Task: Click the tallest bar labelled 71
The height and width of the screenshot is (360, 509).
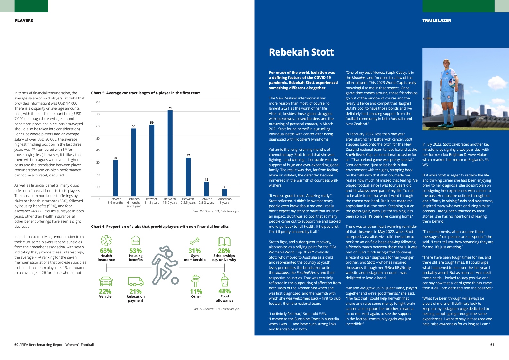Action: coord(170,153)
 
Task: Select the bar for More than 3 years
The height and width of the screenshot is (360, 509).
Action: coord(225,193)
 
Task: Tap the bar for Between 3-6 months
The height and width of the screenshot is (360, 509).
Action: coord(115,178)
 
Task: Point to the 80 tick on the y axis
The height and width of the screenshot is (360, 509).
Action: coord(98,102)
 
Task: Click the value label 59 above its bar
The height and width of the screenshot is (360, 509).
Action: coord(152,123)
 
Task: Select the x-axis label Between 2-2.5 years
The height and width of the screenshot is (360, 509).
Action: coord(188,201)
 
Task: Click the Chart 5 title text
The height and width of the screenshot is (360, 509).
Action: coord(146,93)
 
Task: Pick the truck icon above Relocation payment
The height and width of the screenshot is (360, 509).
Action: coord(136,281)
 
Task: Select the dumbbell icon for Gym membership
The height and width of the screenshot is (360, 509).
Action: coord(195,241)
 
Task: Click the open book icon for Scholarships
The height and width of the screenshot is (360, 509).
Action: coord(224,242)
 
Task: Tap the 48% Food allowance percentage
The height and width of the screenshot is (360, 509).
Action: coord(225,291)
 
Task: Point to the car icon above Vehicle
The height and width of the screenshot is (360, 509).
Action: coord(106,281)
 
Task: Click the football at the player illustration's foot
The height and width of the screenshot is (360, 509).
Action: coord(175,281)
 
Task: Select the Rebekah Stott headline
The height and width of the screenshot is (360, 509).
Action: coord(301,52)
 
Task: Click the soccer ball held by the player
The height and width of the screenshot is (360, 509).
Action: coord(452,83)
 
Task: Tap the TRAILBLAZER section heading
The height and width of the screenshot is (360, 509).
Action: coord(437,21)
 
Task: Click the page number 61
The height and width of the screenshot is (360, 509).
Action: coord(492,345)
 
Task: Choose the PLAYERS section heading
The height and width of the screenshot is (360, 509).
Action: coord(24,21)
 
